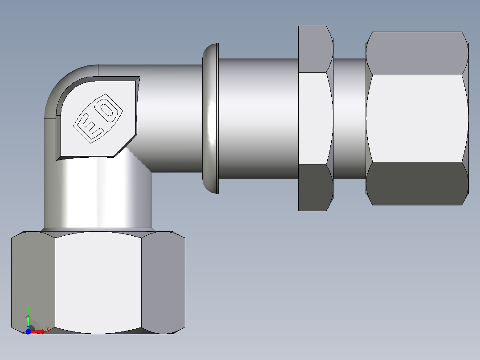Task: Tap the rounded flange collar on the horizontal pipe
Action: point(211,119)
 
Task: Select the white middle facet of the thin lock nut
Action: point(315,118)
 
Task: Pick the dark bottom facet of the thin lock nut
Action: point(315,187)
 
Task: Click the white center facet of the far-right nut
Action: point(416,118)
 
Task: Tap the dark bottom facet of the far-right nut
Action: point(416,183)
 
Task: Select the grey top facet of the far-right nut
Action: point(416,53)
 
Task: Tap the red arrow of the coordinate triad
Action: point(39,331)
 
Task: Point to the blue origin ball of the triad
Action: point(28,331)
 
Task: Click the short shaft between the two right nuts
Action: point(350,118)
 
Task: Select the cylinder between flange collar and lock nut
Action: point(258,118)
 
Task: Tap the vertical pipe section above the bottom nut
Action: point(98,196)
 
